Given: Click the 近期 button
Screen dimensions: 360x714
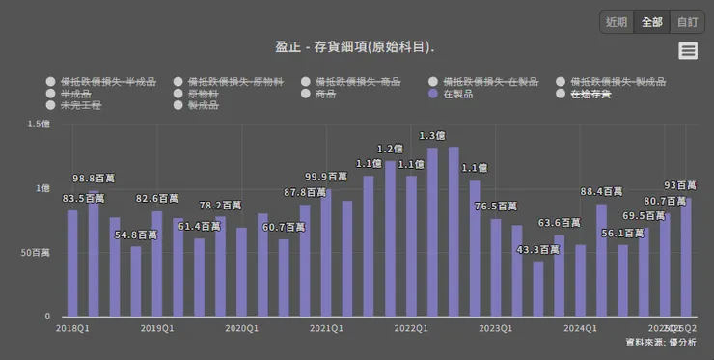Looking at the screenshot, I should coord(616,22).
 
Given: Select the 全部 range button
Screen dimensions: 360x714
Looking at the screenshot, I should coord(651,22).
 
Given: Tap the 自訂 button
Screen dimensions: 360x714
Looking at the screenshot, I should coord(686,22).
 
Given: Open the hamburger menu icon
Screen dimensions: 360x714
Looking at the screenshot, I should coord(688,51).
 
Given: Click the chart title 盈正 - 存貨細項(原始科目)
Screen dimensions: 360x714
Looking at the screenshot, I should coord(355,46).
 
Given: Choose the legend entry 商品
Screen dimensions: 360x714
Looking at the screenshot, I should coord(325,94).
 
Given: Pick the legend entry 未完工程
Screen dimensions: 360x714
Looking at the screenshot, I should coord(80,105).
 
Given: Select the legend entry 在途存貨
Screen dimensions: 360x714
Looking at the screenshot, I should coord(590,94).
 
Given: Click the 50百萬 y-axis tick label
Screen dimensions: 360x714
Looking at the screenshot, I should coord(35,252).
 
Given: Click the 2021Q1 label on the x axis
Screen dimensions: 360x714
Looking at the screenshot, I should coord(326,329).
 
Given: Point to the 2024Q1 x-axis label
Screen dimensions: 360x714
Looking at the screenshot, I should coord(580,329).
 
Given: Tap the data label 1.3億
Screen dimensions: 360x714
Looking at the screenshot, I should coord(432,135).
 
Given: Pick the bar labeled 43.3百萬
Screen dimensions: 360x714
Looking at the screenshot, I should coord(538,289).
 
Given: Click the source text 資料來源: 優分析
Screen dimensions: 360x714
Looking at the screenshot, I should coord(661,342).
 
